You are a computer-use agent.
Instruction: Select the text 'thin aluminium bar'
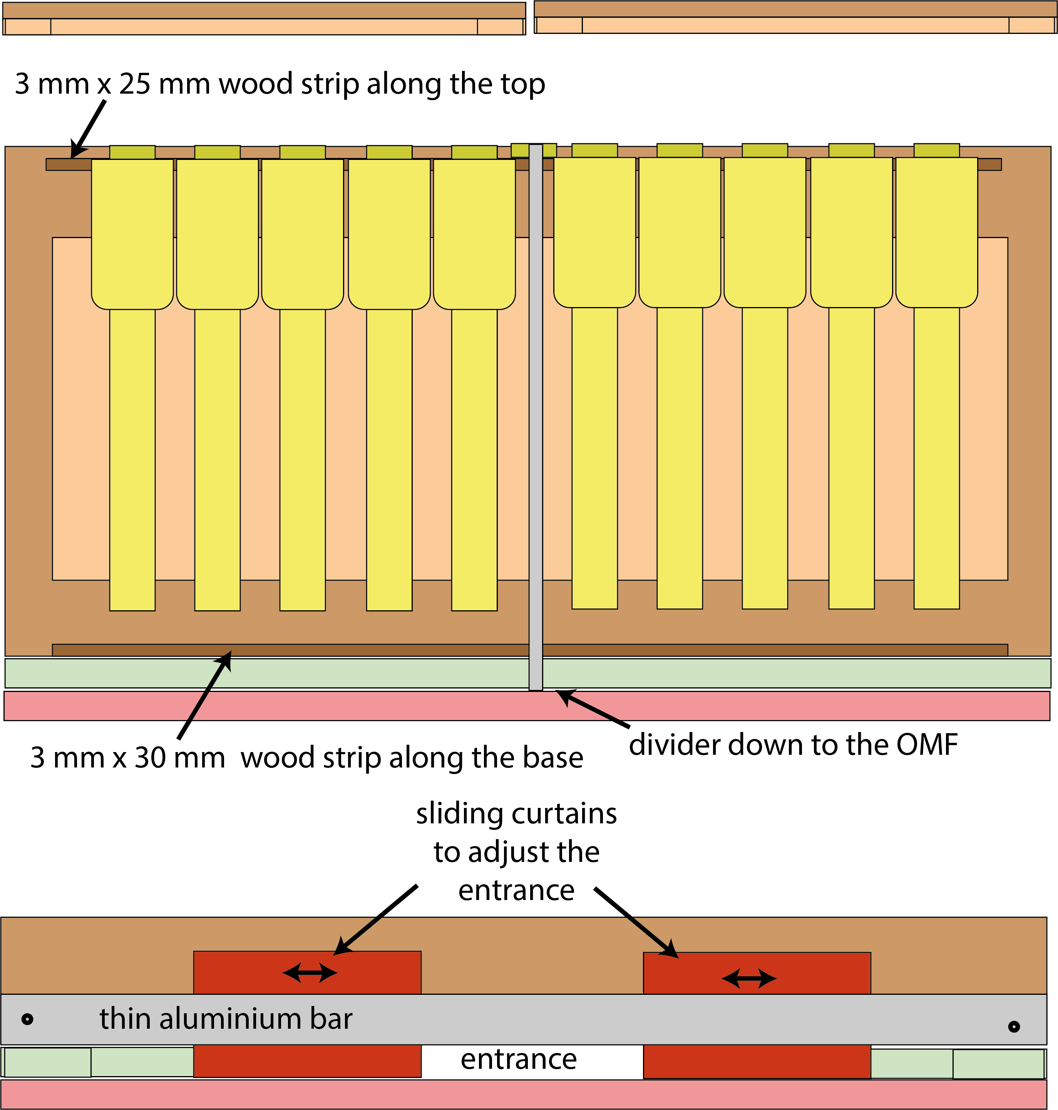[x=226, y=1019]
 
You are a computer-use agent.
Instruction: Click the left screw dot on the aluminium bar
[x=27, y=1019]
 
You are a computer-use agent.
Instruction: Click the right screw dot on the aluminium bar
[x=1013, y=1026]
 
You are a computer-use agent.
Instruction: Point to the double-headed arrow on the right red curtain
[x=749, y=978]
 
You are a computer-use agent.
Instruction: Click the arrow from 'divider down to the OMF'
[x=592, y=708]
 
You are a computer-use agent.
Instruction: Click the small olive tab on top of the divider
[x=534, y=150]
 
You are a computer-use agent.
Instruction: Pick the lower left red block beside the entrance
[x=307, y=1061]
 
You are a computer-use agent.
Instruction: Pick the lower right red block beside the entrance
[x=757, y=1061]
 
